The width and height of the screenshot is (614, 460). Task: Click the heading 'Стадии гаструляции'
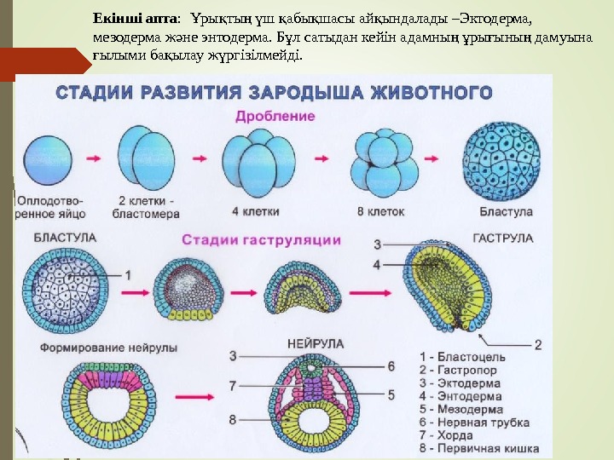point(261,240)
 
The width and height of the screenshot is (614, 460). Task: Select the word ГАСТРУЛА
point(503,239)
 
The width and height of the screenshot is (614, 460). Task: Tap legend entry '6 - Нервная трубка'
point(468,423)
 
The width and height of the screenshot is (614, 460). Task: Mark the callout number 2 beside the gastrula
point(538,344)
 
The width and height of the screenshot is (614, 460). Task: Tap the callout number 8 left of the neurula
point(233,418)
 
